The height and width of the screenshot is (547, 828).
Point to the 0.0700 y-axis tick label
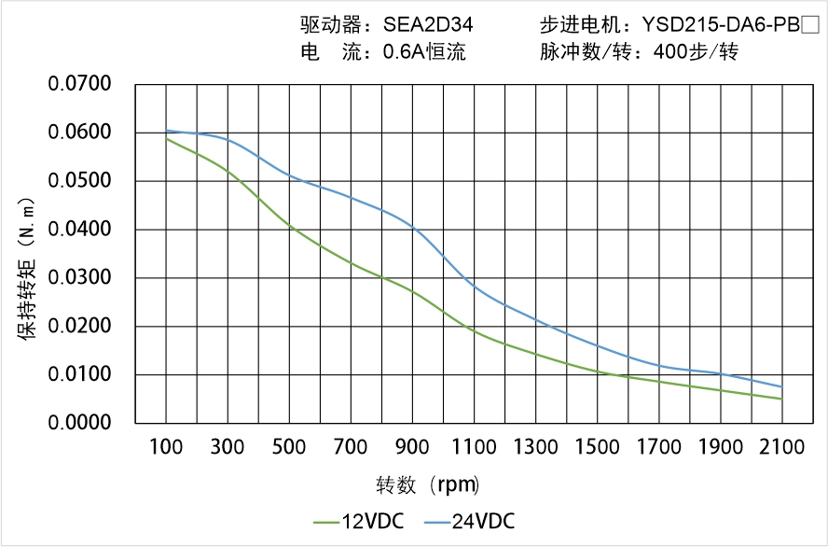80,85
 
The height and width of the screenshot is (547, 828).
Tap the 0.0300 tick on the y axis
80,278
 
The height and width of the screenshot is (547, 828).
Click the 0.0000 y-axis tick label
80,424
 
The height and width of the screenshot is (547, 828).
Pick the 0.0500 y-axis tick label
80,181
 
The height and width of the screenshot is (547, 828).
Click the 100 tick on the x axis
166,447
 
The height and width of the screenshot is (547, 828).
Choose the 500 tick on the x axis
289,447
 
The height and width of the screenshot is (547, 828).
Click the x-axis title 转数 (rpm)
428,484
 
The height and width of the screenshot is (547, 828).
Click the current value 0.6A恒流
424,52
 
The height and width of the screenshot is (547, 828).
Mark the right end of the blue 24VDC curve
781,386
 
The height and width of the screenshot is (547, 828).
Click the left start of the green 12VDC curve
167,138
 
